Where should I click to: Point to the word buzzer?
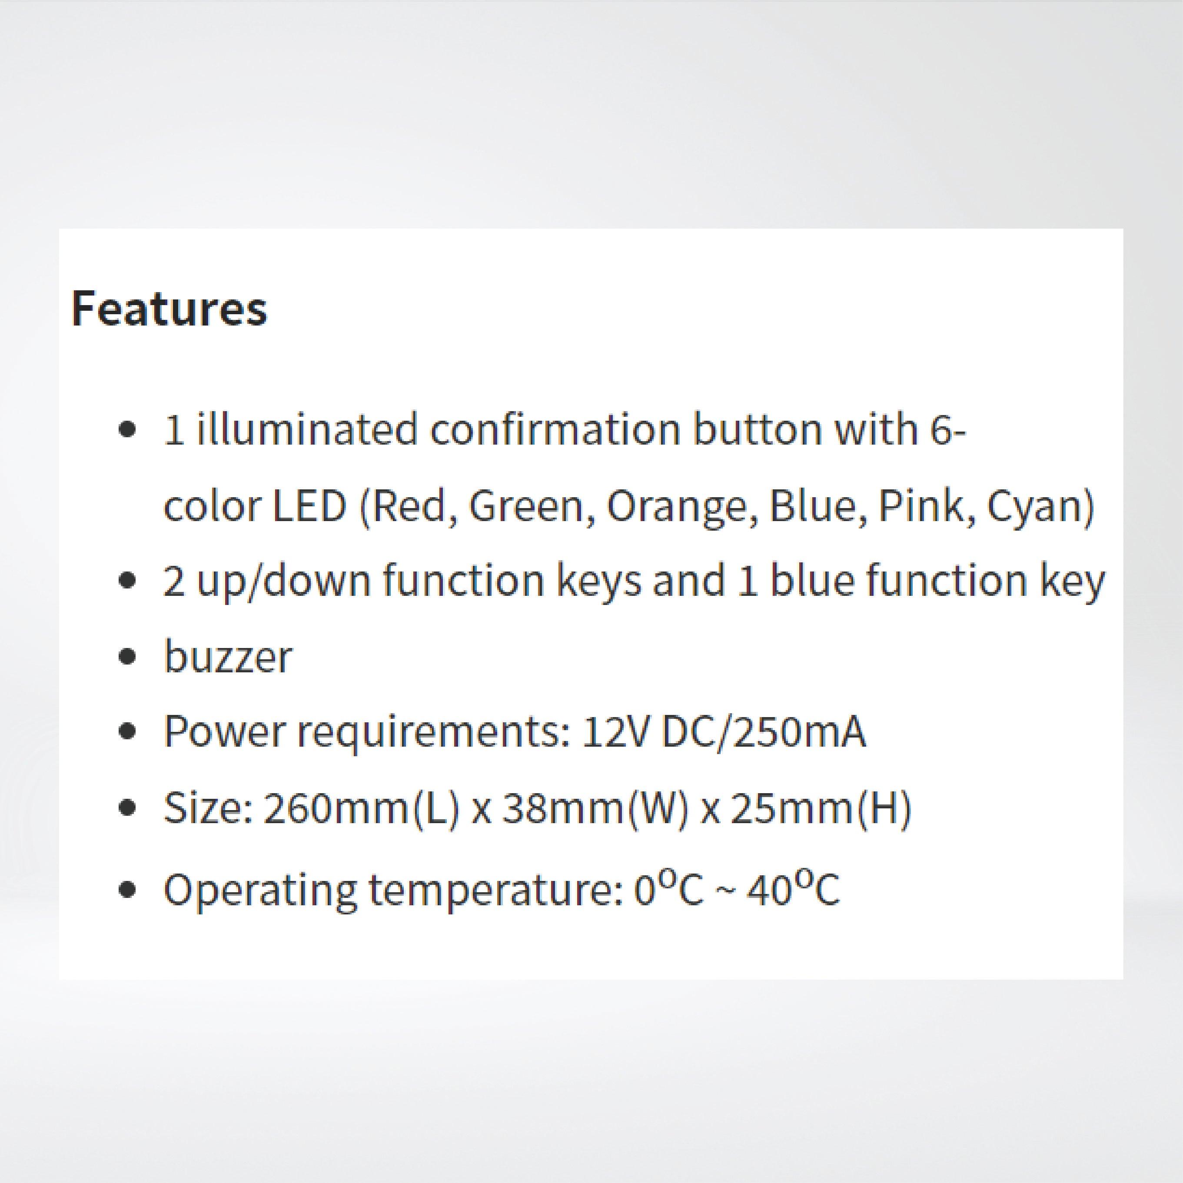(227, 657)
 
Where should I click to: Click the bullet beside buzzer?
(127, 658)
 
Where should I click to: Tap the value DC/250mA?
(764, 732)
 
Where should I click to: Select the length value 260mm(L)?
(361, 808)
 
